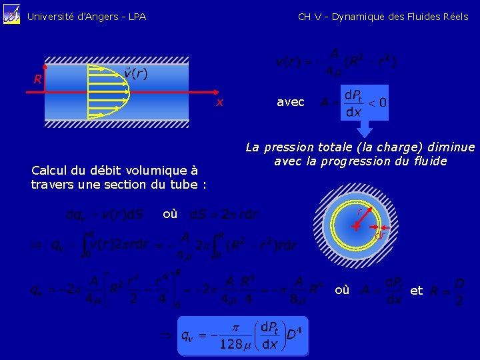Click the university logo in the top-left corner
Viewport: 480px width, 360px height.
tap(11, 15)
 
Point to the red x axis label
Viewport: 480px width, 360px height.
tap(219, 103)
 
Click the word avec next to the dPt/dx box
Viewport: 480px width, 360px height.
tap(291, 102)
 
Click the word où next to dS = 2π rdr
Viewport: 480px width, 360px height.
tap(170, 214)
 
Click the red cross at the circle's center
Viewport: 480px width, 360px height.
tap(357, 226)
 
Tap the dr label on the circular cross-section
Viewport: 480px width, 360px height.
tap(378, 235)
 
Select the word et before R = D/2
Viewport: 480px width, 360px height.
tap(417, 291)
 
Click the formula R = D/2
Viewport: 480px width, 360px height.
tap(444, 291)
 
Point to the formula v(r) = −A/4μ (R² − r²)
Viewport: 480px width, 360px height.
tap(337, 62)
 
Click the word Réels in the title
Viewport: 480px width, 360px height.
tap(455, 17)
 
